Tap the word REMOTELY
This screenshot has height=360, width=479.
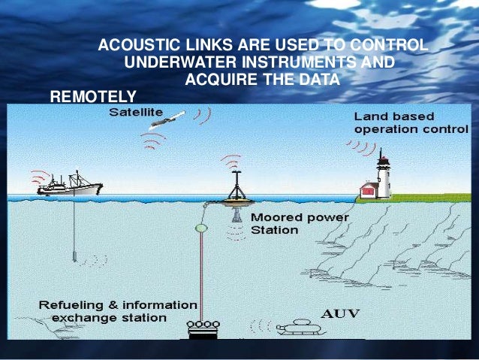[92, 96]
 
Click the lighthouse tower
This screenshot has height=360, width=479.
[383, 175]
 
